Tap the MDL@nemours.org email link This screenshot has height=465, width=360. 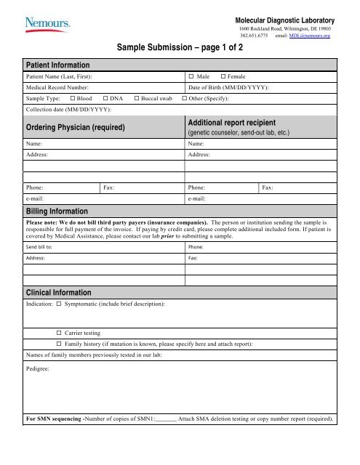click(309, 35)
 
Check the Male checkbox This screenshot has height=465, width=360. click(191, 76)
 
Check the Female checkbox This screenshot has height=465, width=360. click(223, 76)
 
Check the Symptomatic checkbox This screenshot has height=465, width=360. click(59, 302)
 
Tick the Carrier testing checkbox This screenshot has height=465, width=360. click(59, 331)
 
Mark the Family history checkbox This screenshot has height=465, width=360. click(59, 342)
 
